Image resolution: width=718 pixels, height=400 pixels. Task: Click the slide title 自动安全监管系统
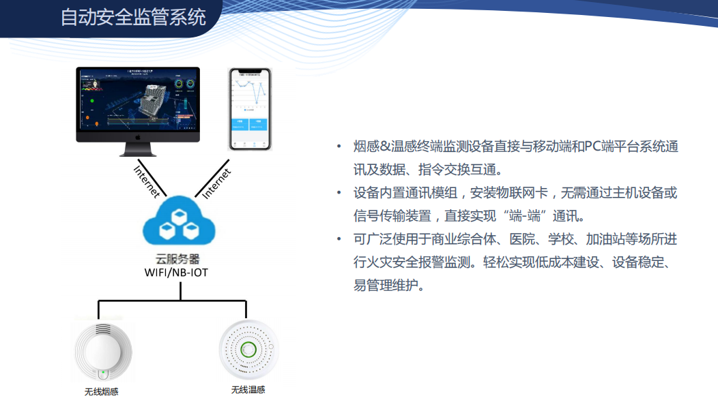tap(134, 16)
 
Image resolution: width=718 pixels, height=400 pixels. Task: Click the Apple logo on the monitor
tap(138, 137)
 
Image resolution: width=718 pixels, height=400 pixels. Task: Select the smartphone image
tap(250, 108)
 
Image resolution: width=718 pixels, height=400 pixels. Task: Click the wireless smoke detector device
tap(102, 352)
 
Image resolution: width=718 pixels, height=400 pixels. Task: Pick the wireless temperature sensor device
tap(249, 350)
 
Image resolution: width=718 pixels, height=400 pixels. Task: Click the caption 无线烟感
tap(101, 392)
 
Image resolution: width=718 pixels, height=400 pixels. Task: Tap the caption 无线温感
tap(248, 390)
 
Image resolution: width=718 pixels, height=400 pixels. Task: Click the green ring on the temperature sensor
tap(249, 350)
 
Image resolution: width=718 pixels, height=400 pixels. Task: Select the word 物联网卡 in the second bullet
tap(528, 193)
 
